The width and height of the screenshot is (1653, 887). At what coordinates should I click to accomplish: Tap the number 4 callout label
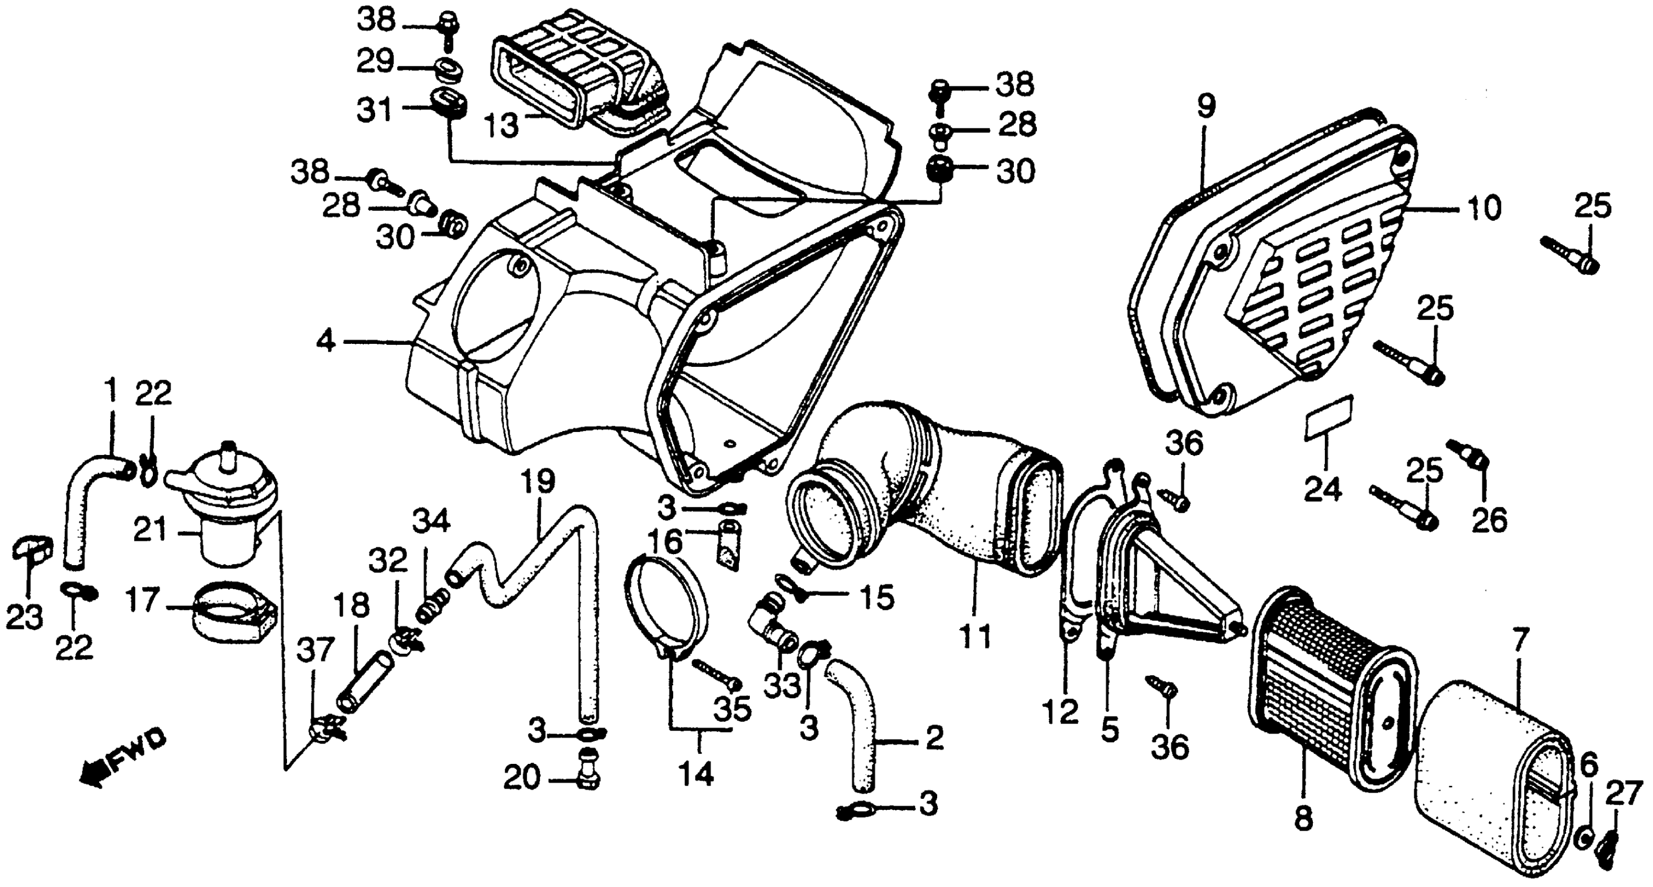click(326, 341)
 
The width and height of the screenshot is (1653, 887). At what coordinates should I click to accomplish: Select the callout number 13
click(501, 125)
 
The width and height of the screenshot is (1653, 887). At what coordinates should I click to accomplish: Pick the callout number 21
click(151, 531)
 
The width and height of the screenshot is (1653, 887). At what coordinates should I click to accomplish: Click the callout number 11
click(975, 637)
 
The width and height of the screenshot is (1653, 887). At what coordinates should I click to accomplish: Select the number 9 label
click(1206, 107)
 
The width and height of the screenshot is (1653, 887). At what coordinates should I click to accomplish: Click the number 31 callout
click(375, 111)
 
